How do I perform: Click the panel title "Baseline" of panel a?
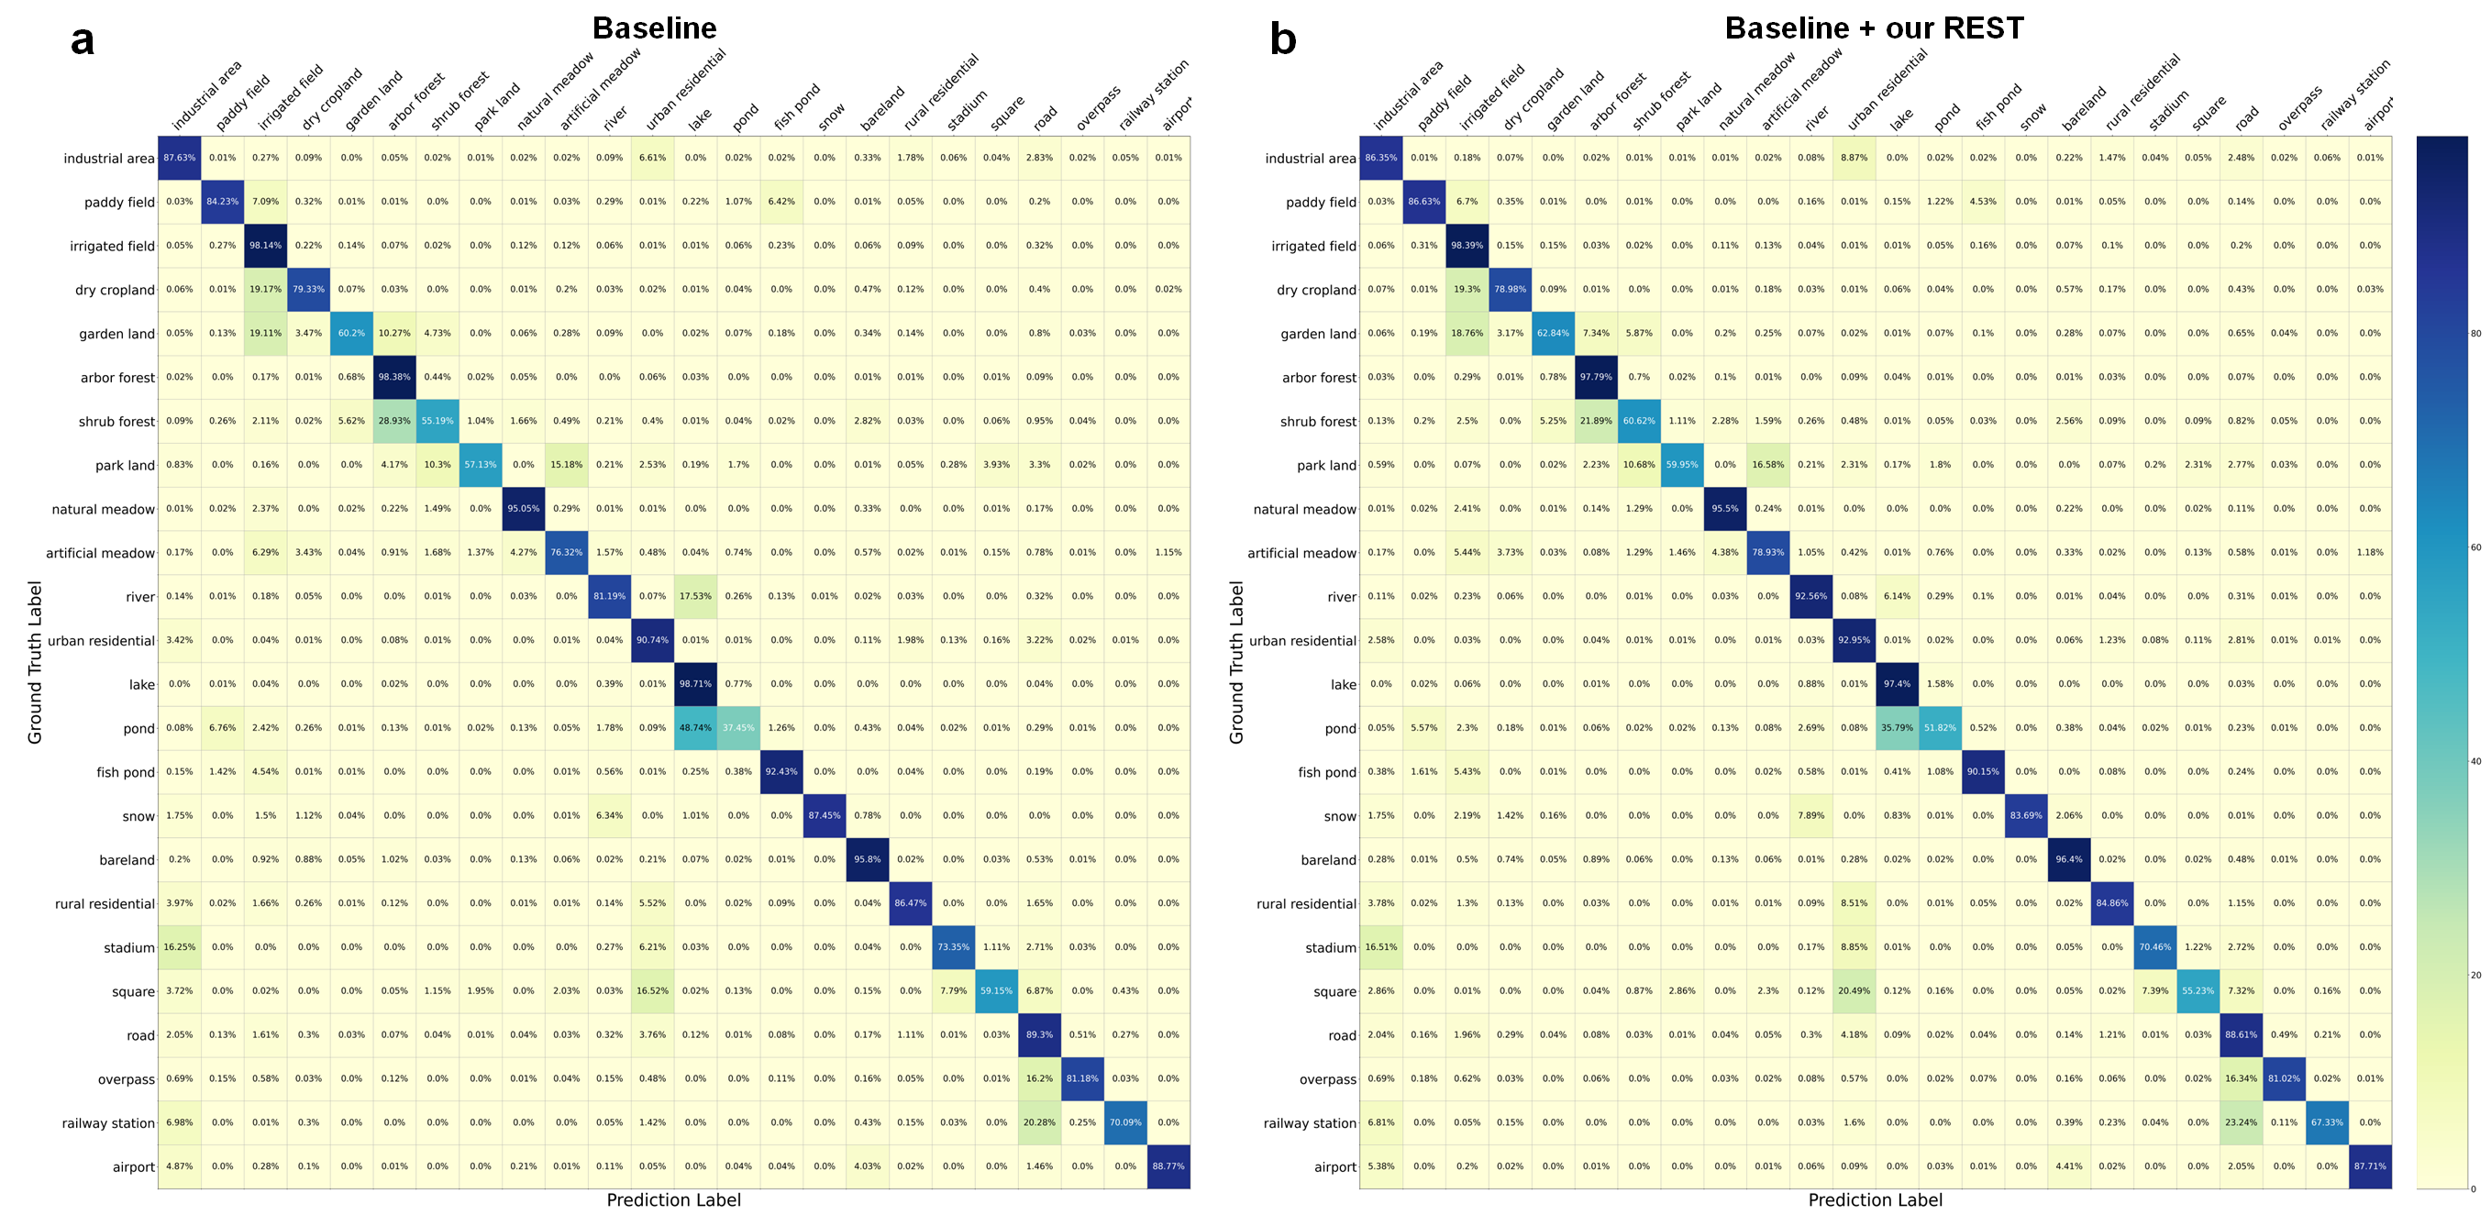655,28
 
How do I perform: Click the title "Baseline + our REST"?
1873,28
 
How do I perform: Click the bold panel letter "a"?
83,40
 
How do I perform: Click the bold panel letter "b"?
1282,40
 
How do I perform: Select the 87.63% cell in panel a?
179,158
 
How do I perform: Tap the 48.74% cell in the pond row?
695,728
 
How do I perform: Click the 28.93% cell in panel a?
394,421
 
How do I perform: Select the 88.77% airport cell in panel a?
1168,1166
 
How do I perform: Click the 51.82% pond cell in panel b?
1940,728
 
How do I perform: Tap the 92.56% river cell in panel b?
1811,596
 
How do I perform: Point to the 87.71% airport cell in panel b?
2370,1166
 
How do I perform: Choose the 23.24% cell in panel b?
2241,1122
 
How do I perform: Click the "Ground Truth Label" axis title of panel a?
36,662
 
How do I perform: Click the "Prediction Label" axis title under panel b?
1875,1199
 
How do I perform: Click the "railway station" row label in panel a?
107,1123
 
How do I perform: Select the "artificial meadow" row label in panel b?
1301,553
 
